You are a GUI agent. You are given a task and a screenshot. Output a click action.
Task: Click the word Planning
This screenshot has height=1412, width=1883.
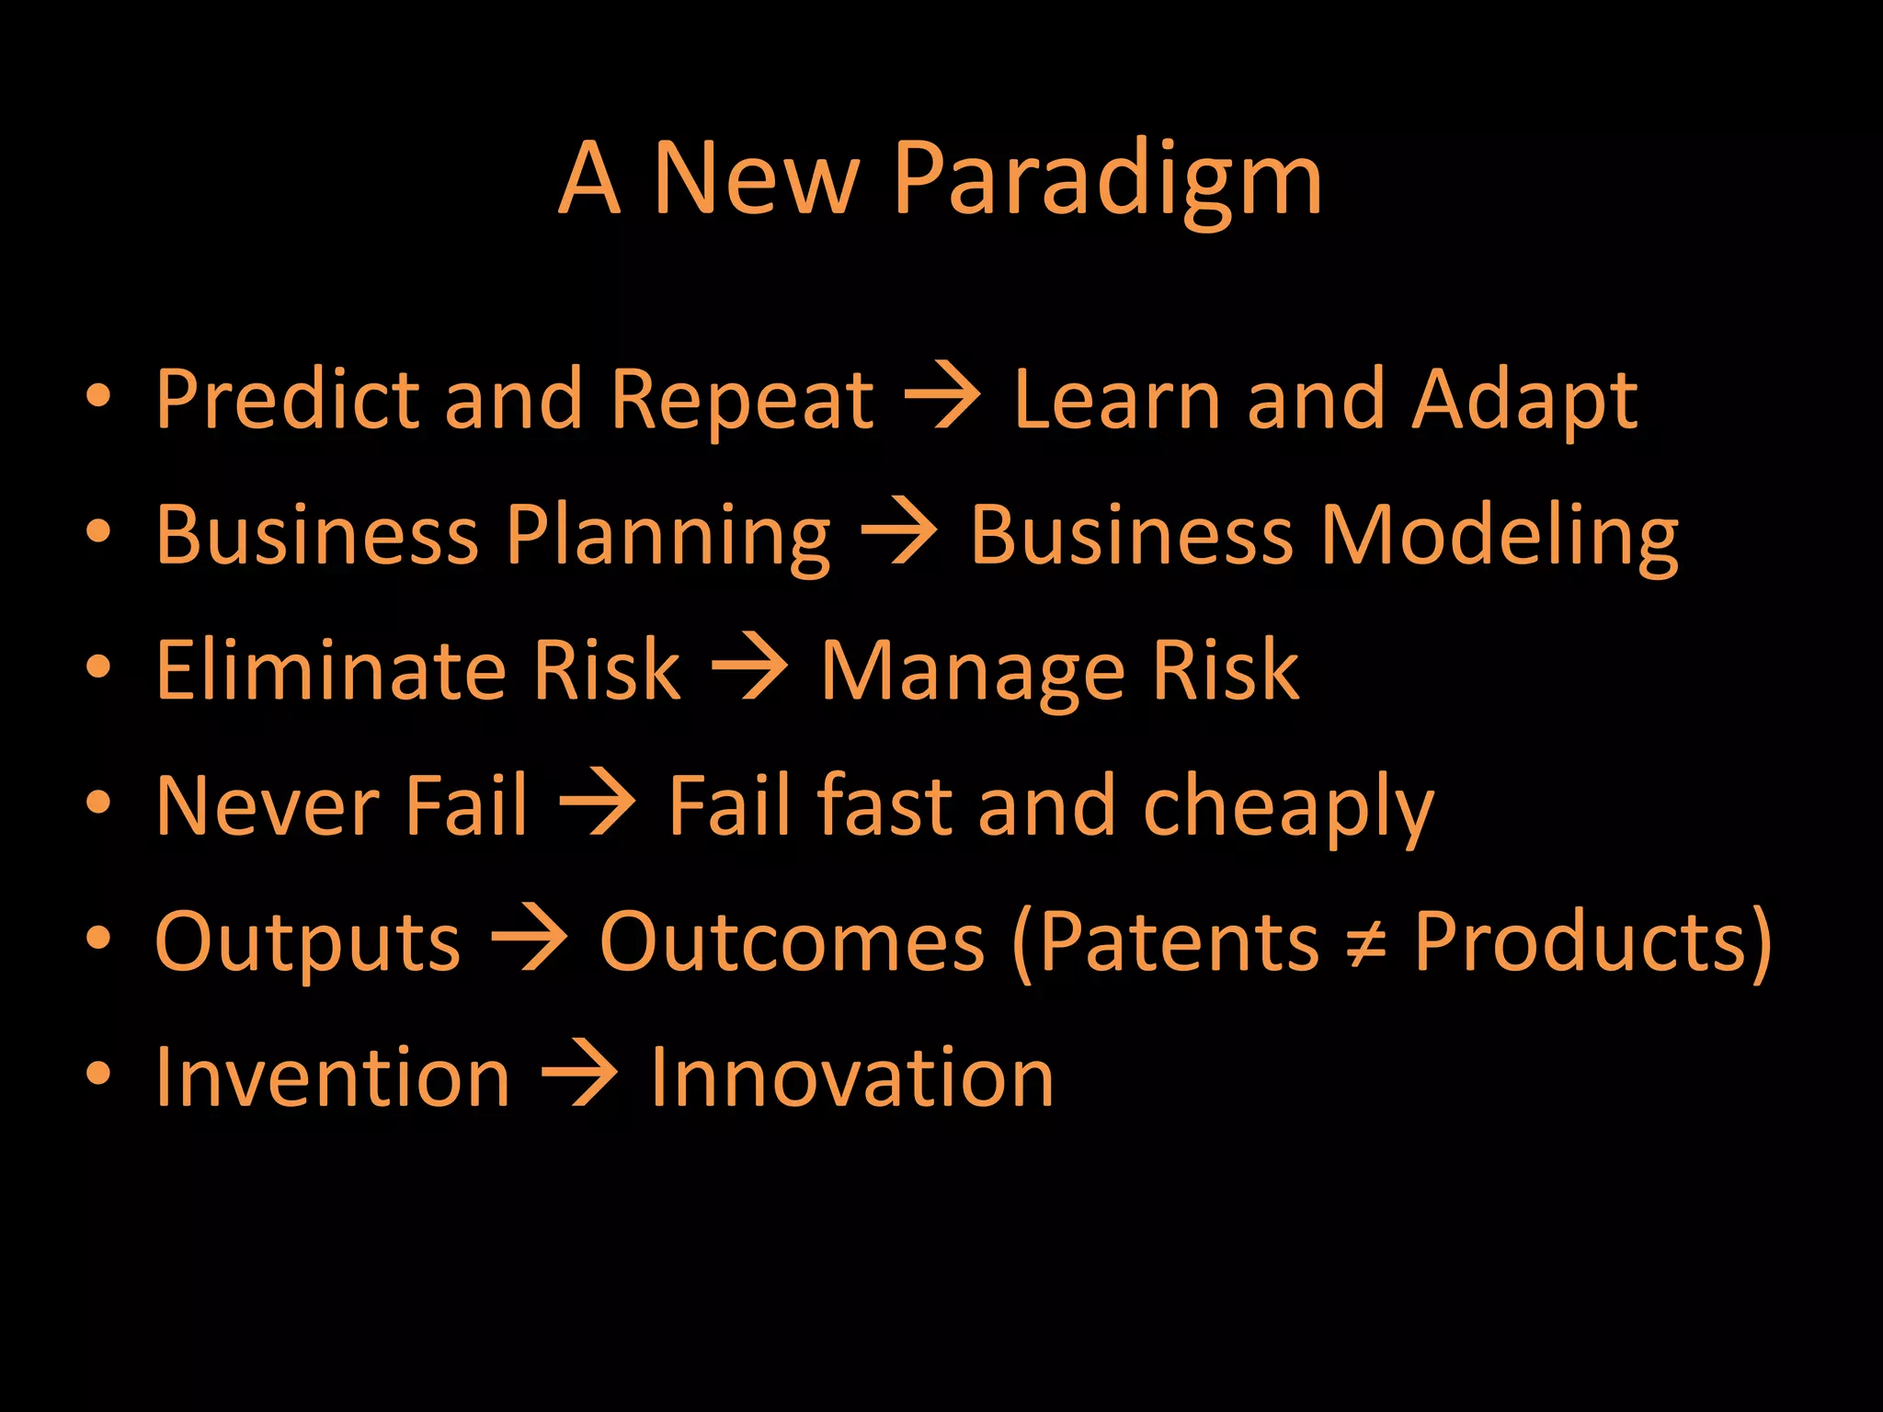click(x=668, y=537)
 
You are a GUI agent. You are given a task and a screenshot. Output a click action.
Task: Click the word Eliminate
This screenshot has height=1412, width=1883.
click(x=326, y=670)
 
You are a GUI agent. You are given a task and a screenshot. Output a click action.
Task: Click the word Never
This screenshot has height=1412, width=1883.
click(x=267, y=807)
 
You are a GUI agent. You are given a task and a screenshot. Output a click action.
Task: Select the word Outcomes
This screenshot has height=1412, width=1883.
click(x=792, y=942)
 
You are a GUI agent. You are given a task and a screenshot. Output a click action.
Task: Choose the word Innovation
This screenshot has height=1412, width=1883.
click(x=851, y=1077)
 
